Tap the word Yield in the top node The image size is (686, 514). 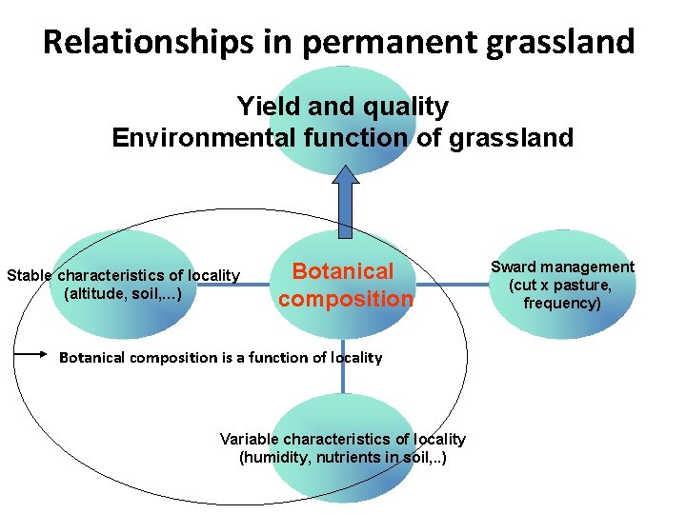click(x=262, y=106)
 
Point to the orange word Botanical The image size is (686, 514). click(x=343, y=271)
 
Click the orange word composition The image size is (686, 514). click(x=346, y=299)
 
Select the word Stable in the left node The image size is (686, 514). click(x=30, y=276)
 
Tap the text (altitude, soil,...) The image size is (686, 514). click(x=123, y=293)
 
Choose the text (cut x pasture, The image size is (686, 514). click(x=560, y=285)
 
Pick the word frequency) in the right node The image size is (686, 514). click(x=562, y=303)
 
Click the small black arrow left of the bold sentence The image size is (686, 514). click(x=30, y=355)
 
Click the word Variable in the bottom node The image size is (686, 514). click(x=250, y=439)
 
